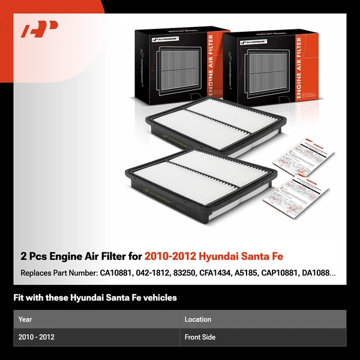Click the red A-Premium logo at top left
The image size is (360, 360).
[40, 29]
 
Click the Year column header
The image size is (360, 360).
[25, 319]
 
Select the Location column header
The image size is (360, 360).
[197, 319]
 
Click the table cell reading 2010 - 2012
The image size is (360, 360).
[37, 337]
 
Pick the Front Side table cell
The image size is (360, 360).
[200, 337]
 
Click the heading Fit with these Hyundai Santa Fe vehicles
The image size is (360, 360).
[95, 298]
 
